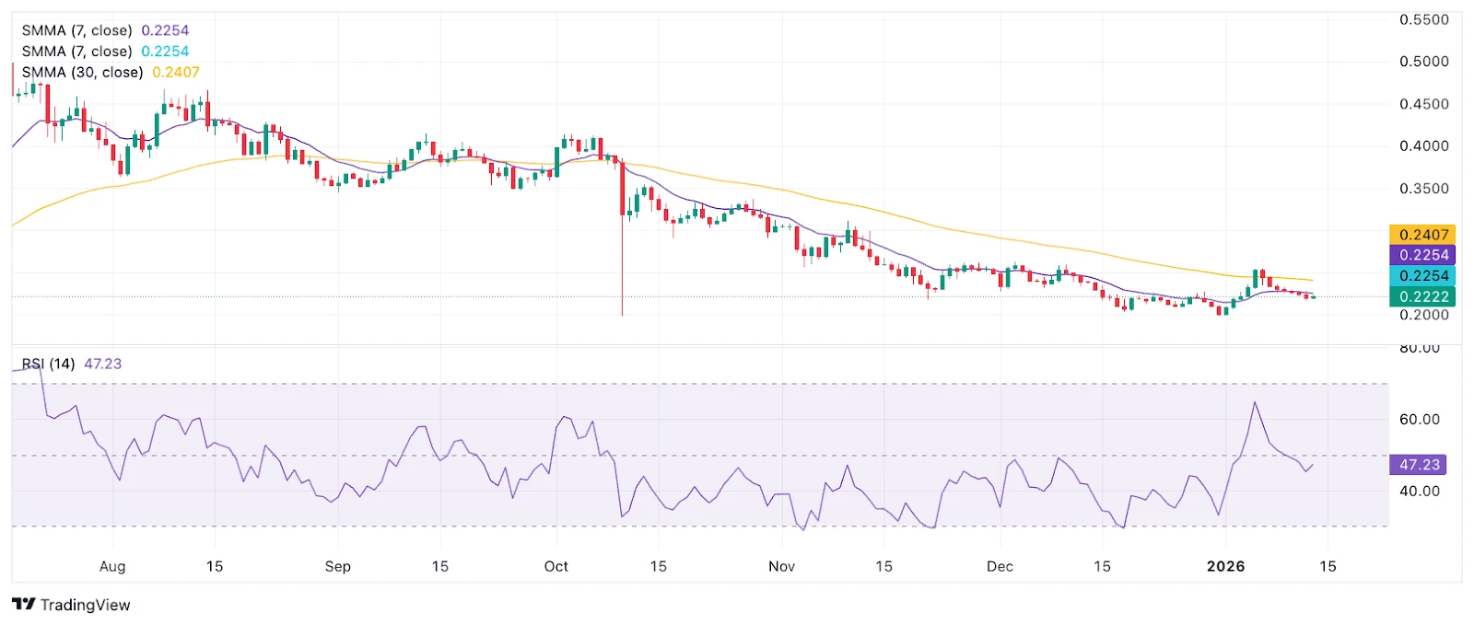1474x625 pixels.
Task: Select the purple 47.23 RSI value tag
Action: tap(1419, 465)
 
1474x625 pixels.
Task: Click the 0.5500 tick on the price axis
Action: tap(1423, 19)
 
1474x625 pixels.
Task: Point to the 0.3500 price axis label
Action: tap(1423, 189)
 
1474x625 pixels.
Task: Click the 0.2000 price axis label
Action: tap(1423, 315)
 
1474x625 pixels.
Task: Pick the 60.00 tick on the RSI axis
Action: tap(1419, 420)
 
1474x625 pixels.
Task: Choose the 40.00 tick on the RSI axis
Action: tap(1419, 492)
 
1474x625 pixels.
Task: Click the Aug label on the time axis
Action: tap(112, 566)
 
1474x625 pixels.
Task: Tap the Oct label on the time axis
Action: tap(556, 566)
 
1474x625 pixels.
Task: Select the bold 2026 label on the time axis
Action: tap(1226, 566)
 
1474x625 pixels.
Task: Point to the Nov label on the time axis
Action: tap(781, 566)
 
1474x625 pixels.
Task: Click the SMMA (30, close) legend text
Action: tap(83, 72)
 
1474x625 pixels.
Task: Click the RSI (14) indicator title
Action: tap(49, 364)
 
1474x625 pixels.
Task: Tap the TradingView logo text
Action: tap(85, 605)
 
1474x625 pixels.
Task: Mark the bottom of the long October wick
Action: tap(622, 315)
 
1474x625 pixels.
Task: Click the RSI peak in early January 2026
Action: tap(1255, 402)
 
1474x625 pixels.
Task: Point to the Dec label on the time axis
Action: tap(1000, 566)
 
